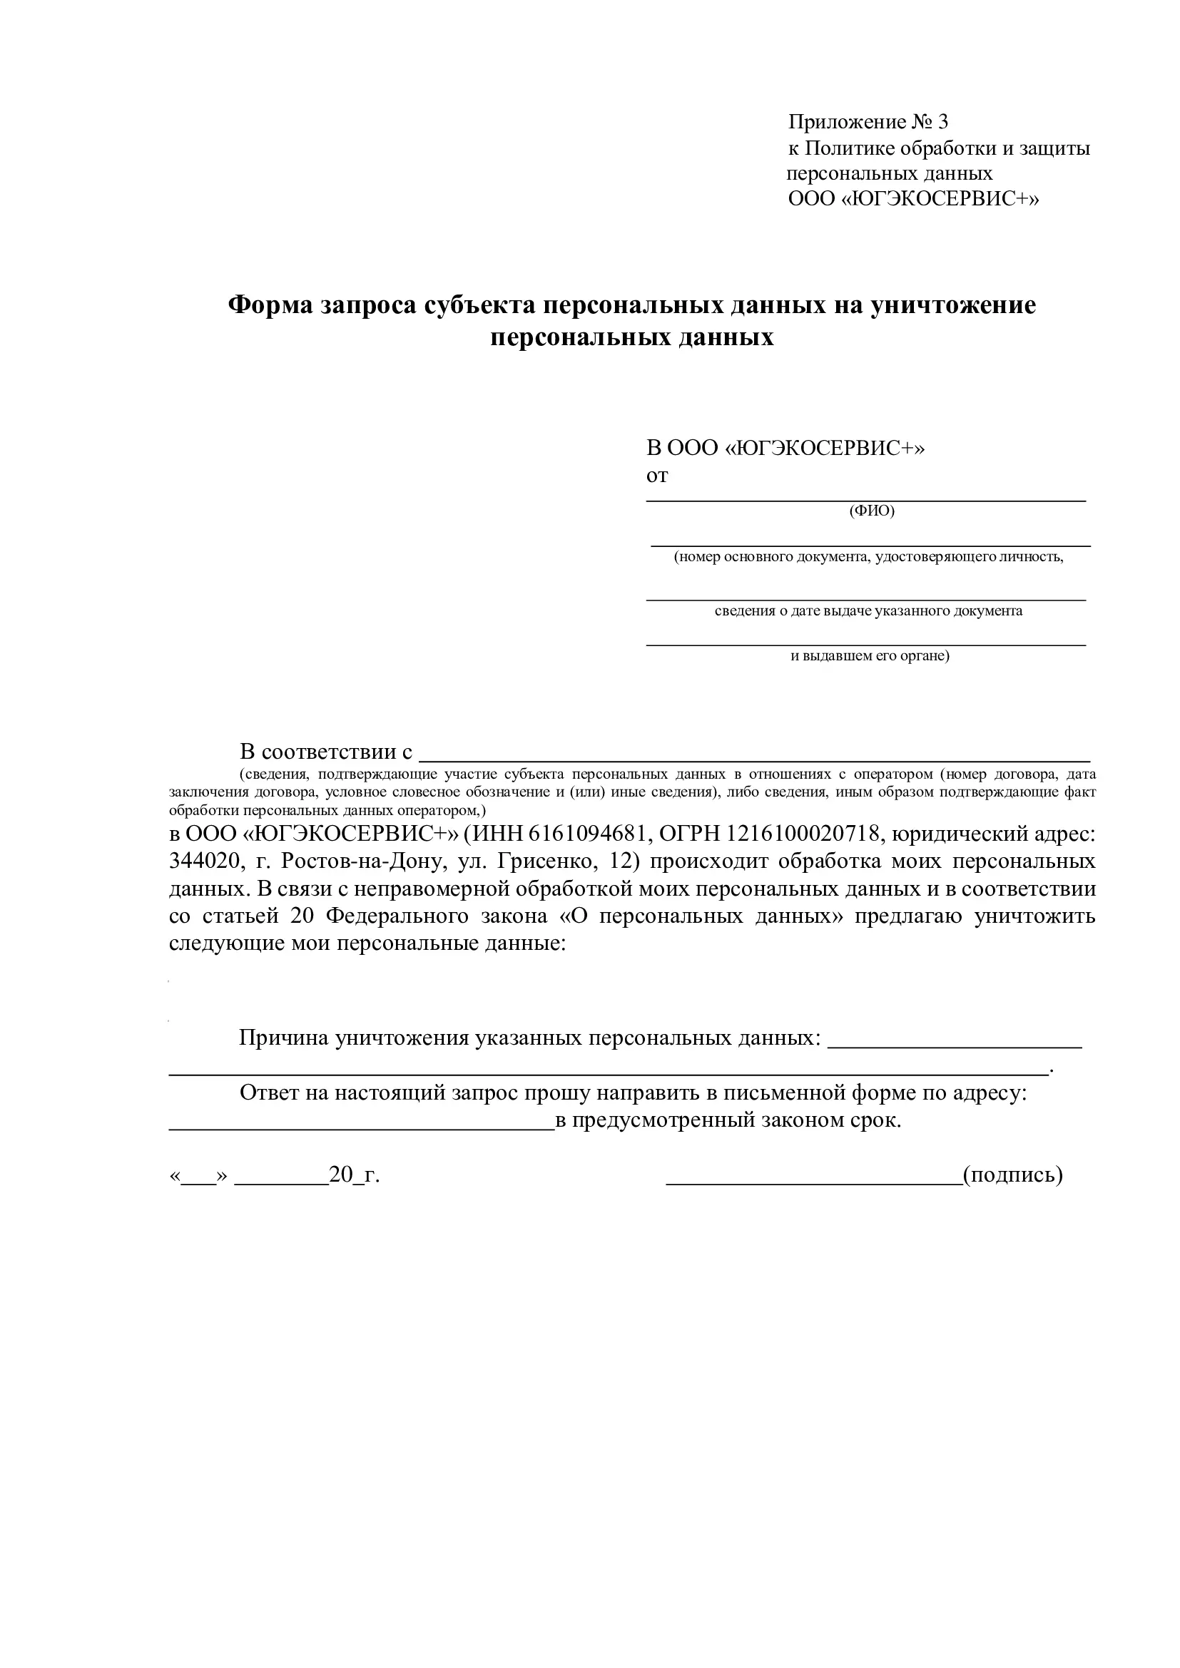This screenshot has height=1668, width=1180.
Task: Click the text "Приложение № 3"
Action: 868,122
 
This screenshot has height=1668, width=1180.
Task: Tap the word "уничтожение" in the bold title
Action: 952,305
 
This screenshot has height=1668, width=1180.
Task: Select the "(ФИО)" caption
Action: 872,511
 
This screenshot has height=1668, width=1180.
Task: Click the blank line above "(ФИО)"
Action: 866,500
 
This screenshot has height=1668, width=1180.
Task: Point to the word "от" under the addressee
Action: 657,476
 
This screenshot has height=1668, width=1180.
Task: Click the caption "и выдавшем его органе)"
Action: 870,656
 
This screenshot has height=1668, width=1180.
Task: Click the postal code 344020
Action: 204,862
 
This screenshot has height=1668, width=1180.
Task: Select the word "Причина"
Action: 283,1038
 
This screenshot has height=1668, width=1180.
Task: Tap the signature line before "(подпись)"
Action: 814,1182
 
